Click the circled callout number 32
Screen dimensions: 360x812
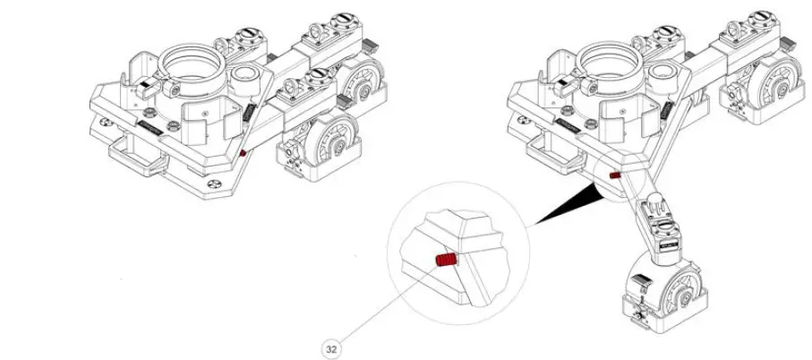331,347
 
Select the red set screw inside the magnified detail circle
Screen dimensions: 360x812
446,261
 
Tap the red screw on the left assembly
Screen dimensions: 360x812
243,153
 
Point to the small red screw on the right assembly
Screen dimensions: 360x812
615,176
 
